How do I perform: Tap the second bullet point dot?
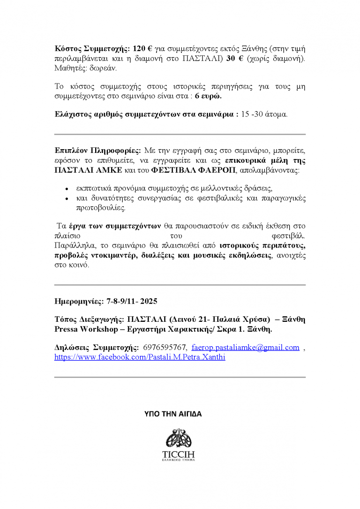click(x=67, y=199)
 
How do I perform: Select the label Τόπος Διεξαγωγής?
click(x=87, y=319)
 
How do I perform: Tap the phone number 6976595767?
click(x=165, y=348)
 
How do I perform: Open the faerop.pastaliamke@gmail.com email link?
click(x=246, y=348)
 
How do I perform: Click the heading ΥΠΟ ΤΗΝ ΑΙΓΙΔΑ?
click(x=173, y=414)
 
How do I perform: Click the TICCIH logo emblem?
click(x=179, y=438)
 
